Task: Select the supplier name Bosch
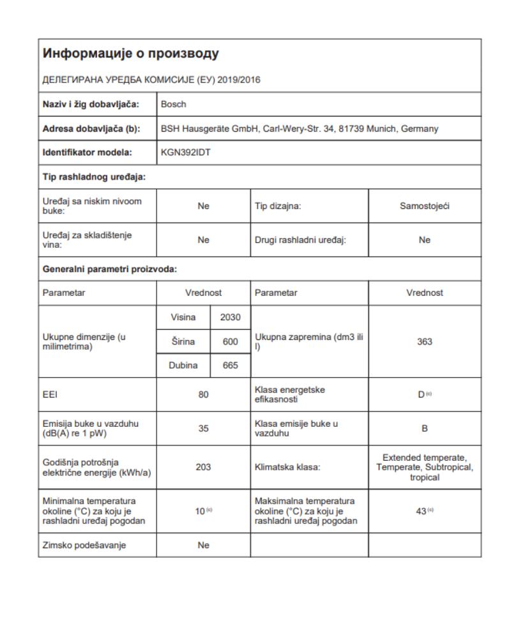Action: point(174,104)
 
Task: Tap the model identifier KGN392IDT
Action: point(186,153)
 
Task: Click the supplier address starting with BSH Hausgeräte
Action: point(299,128)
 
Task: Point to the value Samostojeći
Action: point(425,206)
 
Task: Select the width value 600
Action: point(231,341)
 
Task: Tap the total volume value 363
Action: point(425,341)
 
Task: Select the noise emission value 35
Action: point(204,428)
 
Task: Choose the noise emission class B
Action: point(425,428)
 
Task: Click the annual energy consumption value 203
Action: point(204,467)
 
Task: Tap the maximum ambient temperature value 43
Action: point(422,511)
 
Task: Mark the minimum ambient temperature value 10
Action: point(201,511)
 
